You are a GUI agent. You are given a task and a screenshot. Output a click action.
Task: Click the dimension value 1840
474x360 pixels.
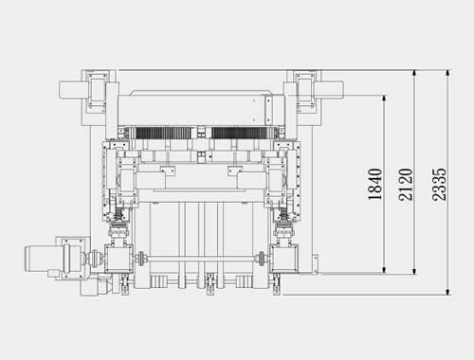click(375, 184)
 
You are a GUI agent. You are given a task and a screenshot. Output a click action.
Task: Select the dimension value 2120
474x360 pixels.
click(406, 185)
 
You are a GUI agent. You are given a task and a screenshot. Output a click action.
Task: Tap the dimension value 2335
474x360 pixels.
click(440, 185)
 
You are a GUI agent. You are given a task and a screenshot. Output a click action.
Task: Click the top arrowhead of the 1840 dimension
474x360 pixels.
click(384, 99)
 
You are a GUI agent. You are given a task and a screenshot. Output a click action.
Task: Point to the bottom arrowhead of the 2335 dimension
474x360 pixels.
click(447, 292)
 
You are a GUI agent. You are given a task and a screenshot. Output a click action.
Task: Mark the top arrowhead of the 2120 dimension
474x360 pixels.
click(414, 73)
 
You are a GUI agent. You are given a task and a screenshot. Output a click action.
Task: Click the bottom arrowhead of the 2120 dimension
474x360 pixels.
click(414, 271)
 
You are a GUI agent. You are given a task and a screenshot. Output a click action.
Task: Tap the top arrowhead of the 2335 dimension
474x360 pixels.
click(447, 73)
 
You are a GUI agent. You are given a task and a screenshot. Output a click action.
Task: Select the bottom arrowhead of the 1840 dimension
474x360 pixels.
click(384, 269)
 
